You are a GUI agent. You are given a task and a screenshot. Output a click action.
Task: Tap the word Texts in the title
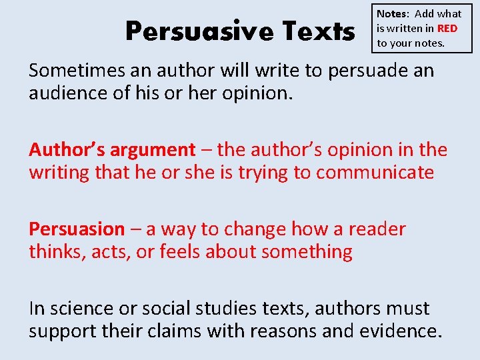click(318, 31)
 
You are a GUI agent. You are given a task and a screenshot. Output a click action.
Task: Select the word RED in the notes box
click(447, 29)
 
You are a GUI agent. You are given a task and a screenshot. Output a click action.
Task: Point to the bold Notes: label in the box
click(393, 13)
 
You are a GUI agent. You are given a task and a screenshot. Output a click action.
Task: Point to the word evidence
click(405, 331)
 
